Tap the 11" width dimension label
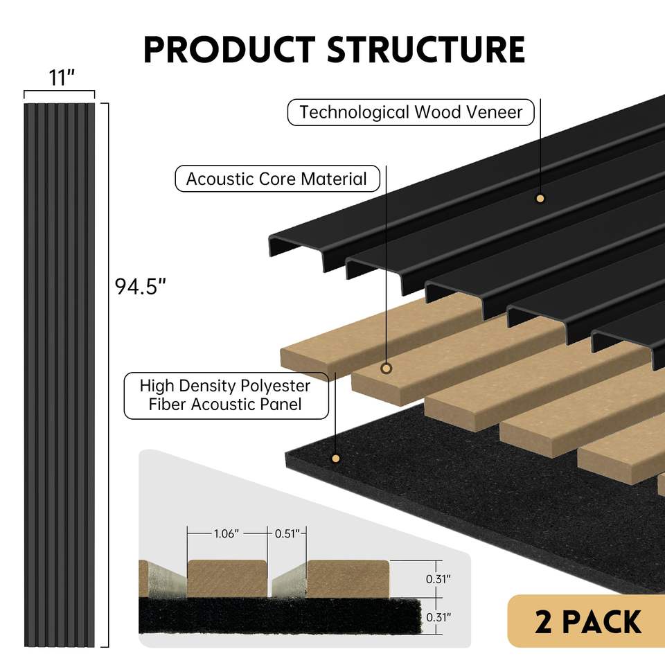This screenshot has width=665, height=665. tap(61, 78)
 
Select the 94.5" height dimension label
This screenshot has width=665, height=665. tap(141, 285)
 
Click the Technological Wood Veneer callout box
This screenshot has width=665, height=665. tap(411, 112)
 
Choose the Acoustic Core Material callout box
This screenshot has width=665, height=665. tap(276, 179)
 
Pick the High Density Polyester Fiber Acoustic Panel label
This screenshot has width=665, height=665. tap(226, 394)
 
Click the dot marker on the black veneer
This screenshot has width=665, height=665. tap(540, 199)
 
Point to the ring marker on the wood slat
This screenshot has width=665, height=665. tap(387, 369)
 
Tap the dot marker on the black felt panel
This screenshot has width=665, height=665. tap(336, 458)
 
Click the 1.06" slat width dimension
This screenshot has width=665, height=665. tap(227, 533)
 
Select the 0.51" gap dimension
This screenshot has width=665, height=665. tap(286, 533)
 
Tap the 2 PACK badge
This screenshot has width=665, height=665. tap(587, 621)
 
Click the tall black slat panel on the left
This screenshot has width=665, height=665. tap(60, 374)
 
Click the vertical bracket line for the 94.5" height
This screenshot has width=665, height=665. tap(108, 374)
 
